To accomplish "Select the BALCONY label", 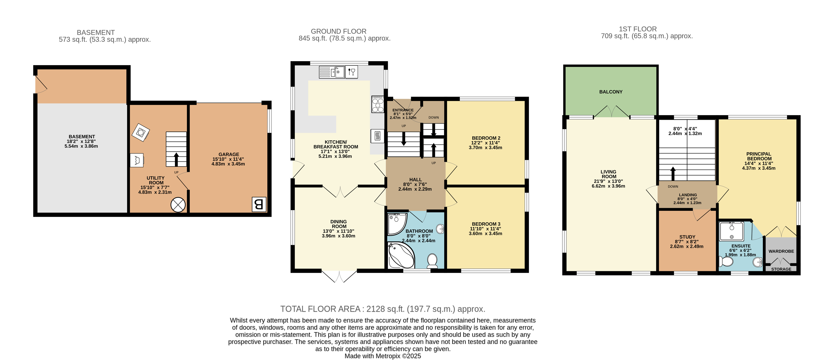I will click(611, 92).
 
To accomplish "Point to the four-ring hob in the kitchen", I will click(378, 104).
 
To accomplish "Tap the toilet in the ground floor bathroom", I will click(432, 261).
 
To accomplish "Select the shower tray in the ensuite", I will click(731, 231).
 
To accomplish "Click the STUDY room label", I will click(687, 237).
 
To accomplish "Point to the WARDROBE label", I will click(781, 251).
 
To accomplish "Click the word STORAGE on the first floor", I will click(781, 269).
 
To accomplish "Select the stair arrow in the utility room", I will click(176, 159).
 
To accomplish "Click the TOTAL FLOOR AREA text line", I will click(382, 309).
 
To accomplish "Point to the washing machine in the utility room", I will click(140, 132).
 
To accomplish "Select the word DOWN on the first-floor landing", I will click(673, 186).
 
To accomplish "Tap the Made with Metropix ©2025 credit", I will click(382, 356).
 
